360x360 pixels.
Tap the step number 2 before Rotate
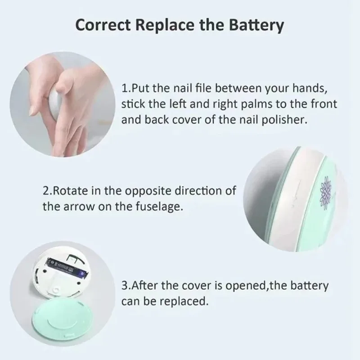[46, 190]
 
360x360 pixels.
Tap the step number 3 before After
[125, 285]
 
